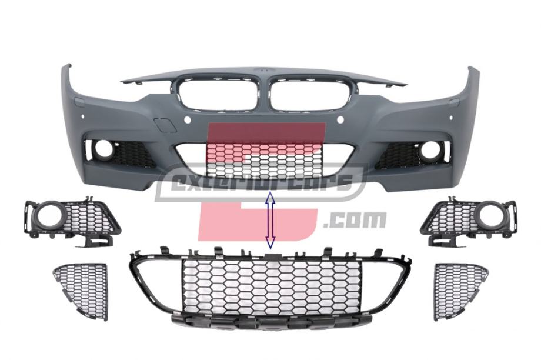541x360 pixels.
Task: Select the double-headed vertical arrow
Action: pyautogui.click(x=270, y=221)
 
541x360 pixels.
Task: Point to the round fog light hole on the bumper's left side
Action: pyautogui.click(x=104, y=149)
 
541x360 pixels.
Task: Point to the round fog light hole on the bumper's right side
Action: pyautogui.click(x=430, y=151)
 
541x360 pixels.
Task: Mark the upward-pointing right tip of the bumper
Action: pyautogui.click(x=474, y=70)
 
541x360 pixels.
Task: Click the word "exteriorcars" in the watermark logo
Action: pyautogui.click(x=262, y=182)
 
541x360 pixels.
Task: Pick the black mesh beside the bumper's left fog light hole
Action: pyautogui.click(x=133, y=154)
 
